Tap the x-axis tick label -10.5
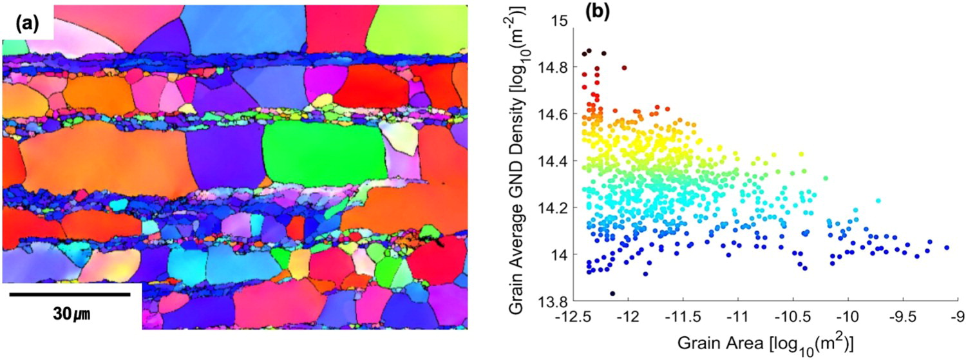tap(792, 317)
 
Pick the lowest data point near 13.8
tap(612, 293)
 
